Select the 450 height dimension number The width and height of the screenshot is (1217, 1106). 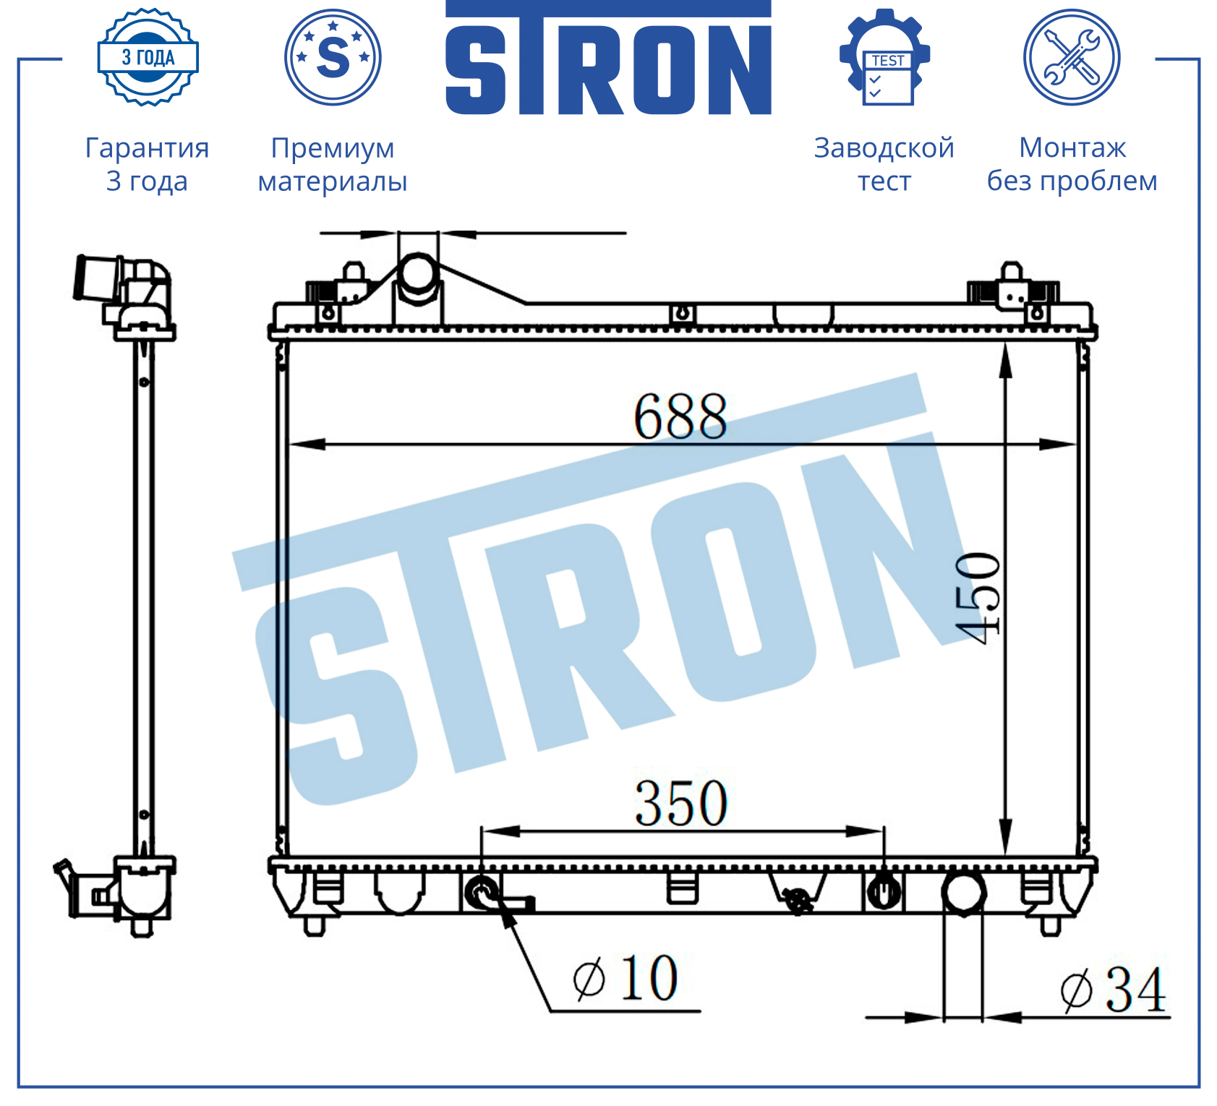[978, 598]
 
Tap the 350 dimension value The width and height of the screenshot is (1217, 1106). [680, 803]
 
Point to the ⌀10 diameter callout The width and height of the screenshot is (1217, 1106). [625, 978]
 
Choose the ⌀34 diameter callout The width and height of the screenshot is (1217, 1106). [1113, 990]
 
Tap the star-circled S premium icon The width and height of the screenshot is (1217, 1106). [333, 57]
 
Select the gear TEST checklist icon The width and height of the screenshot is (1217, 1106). [885, 57]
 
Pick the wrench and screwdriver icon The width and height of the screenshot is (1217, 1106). [1072, 57]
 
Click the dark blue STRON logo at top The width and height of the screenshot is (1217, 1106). [608, 58]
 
